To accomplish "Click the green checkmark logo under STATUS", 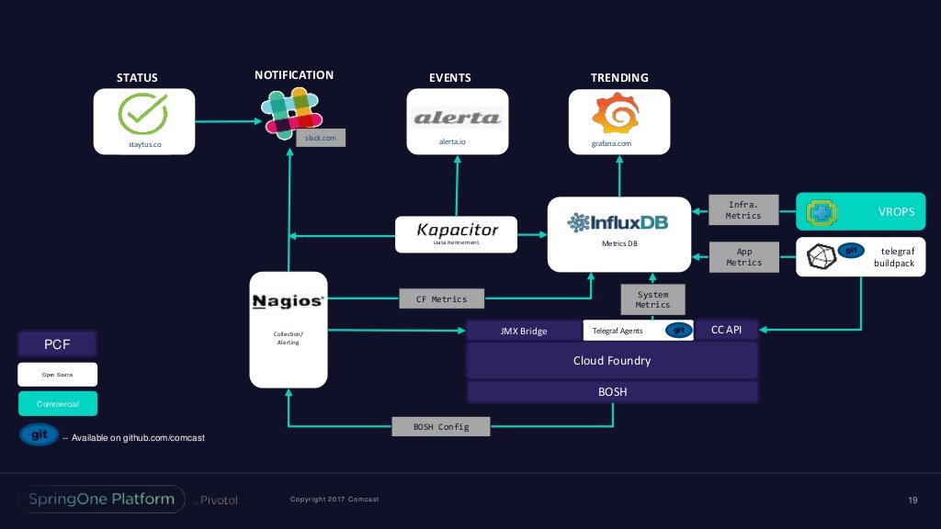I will point(143,114).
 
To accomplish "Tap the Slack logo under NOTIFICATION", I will point(290,112).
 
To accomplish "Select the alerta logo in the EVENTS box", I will point(457,118).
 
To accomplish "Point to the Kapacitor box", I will point(457,231).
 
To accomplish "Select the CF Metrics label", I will point(441,298).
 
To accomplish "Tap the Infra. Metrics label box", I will point(744,209).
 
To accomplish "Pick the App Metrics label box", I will point(744,256).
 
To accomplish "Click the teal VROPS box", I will point(859,212).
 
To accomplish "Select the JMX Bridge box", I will point(524,331).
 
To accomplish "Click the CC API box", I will point(726,330).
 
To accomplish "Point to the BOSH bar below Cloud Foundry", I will point(612,392).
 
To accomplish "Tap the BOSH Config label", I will point(441,427).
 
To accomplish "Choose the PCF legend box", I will point(57,344).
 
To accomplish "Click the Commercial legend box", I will point(57,404).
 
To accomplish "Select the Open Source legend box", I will point(57,375).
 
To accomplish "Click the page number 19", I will point(913,500).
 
